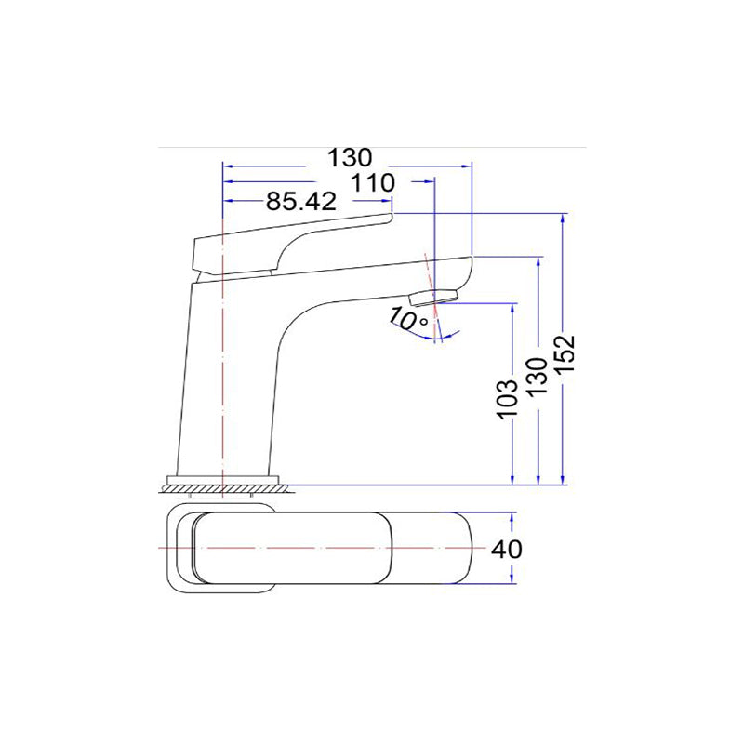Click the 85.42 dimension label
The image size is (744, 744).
(x=300, y=201)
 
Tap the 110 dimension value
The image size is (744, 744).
(x=374, y=182)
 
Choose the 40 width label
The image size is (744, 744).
(x=506, y=549)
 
